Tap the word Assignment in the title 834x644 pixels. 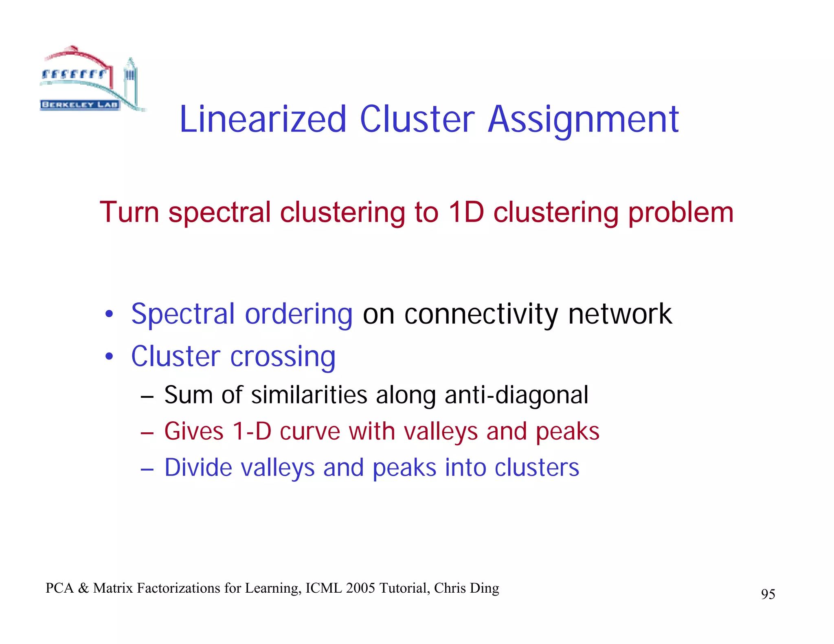pyautogui.click(x=583, y=120)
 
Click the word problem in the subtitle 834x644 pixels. pyautogui.click(x=680, y=213)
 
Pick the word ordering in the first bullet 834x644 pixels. pyautogui.click(x=298, y=315)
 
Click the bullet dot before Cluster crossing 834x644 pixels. pyautogui.click(x=109, y=357)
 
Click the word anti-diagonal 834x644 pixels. pyautogui.click(x=516, y=395)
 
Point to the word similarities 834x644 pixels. pyautogui.click(x=309, y=395)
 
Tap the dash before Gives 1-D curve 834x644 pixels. pyautogui.click(x=147, y=432)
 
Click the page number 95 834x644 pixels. pyautogui.click(x=768, y=594)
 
